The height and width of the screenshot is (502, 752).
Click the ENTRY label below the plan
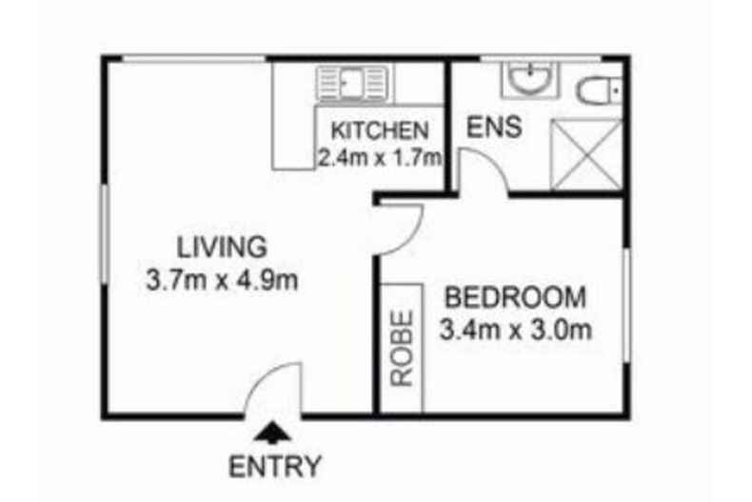275,467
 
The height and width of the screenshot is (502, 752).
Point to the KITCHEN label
379,131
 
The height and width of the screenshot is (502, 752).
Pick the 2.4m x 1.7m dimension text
380,159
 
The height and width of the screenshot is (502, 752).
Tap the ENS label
493,127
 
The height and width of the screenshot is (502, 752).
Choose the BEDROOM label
515,296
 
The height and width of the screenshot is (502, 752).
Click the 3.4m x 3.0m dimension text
516,331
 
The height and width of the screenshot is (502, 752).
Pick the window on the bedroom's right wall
625,305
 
